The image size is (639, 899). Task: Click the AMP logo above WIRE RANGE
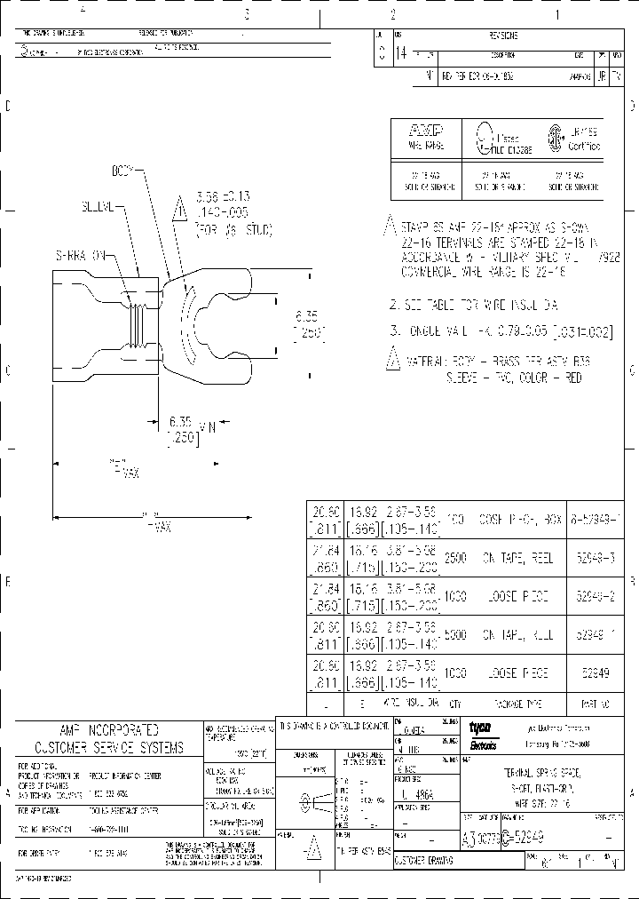point(426,130)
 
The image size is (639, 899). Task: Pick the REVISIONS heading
point(503,36)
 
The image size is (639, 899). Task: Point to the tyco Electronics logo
point(483,734)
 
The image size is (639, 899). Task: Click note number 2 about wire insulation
point(471,305)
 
